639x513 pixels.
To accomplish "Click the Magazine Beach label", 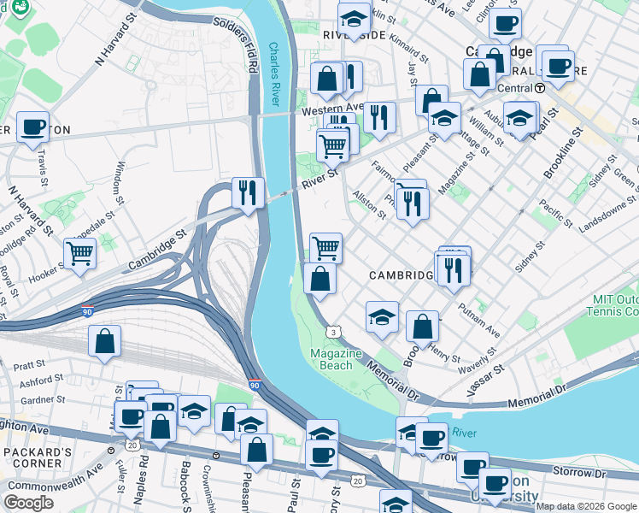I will click(331, 359).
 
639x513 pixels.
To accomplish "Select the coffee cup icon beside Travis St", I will click(32, 127).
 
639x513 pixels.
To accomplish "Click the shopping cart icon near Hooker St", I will click(79, 252).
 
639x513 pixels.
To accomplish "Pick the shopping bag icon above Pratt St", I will click(103, 341).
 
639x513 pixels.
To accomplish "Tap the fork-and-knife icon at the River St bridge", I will click(248, 192).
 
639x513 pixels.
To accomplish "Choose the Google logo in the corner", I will click(28, 503).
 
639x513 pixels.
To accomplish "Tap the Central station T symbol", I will click(540, 87).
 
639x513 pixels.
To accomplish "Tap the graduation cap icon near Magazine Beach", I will click(382, 316).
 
